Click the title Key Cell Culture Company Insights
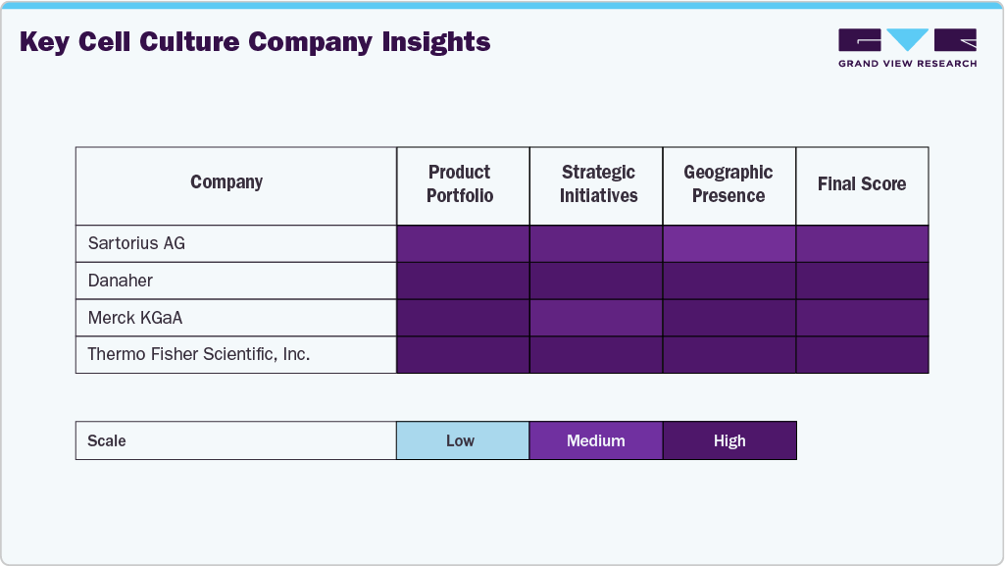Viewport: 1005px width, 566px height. [255, 43]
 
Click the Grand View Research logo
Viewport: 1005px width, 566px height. [907, 47]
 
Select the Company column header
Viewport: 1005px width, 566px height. [226, 182]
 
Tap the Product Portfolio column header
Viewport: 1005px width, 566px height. [460, 184]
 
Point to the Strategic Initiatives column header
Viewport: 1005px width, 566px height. [598, 184]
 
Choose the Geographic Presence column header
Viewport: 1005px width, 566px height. [729, 184]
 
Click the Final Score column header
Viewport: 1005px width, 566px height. [862, 184]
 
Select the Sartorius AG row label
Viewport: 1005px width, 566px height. [136, 243]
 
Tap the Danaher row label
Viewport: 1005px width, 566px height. [121, 281]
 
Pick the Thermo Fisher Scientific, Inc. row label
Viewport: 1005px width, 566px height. [199, 354]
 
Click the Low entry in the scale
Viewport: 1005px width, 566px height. [461, 440]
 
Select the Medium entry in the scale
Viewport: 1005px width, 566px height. [596, 440]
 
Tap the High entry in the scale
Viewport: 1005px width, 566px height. [729, 440]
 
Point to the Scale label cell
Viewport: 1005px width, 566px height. [107, 440]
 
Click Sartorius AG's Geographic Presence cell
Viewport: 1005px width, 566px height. [729, 243]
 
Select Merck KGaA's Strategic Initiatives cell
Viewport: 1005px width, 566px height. [596, 318]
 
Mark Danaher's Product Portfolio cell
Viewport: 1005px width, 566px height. [463, 281]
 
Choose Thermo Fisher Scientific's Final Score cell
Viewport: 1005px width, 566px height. [862, 354]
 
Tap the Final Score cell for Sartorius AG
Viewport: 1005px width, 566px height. [862, 243]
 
